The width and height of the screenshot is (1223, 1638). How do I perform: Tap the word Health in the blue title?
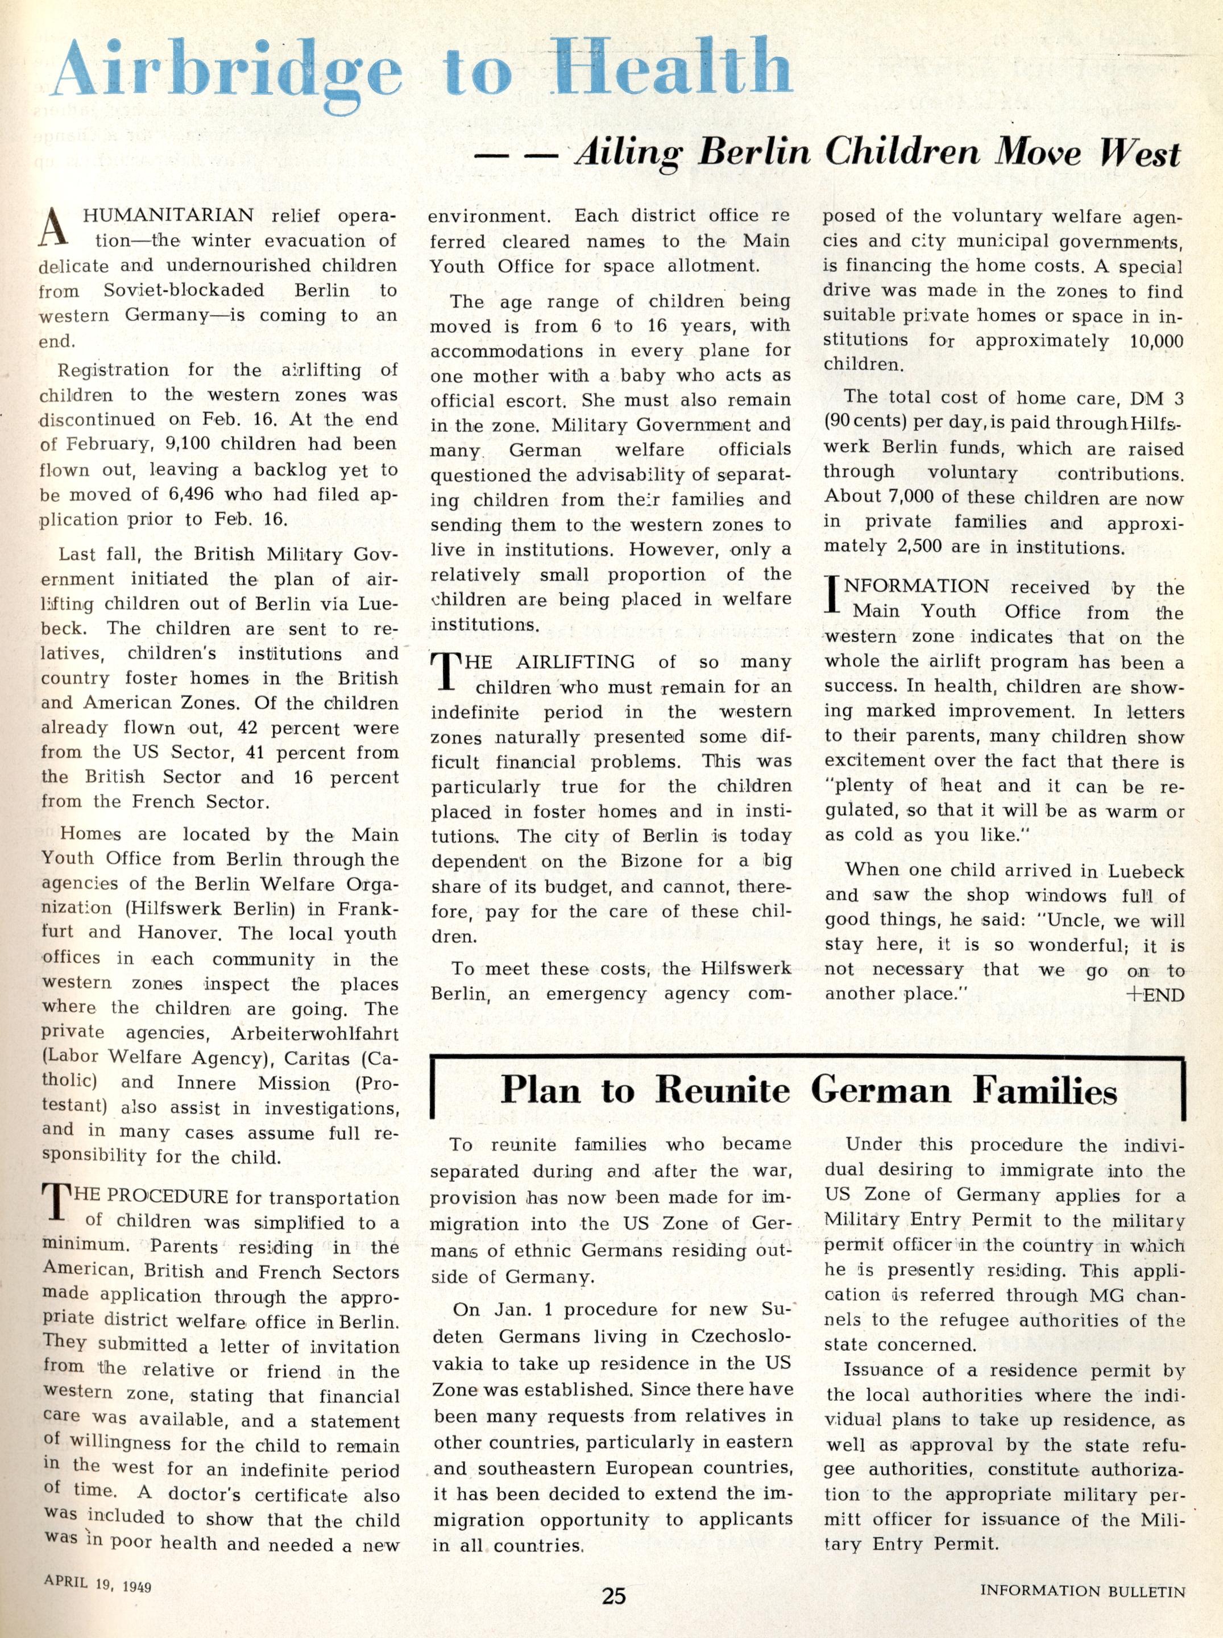[x=672, y=68]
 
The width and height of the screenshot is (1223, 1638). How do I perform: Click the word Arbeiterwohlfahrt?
[x=314, y=1034]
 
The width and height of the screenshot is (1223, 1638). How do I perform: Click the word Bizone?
[x=652, y=861]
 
